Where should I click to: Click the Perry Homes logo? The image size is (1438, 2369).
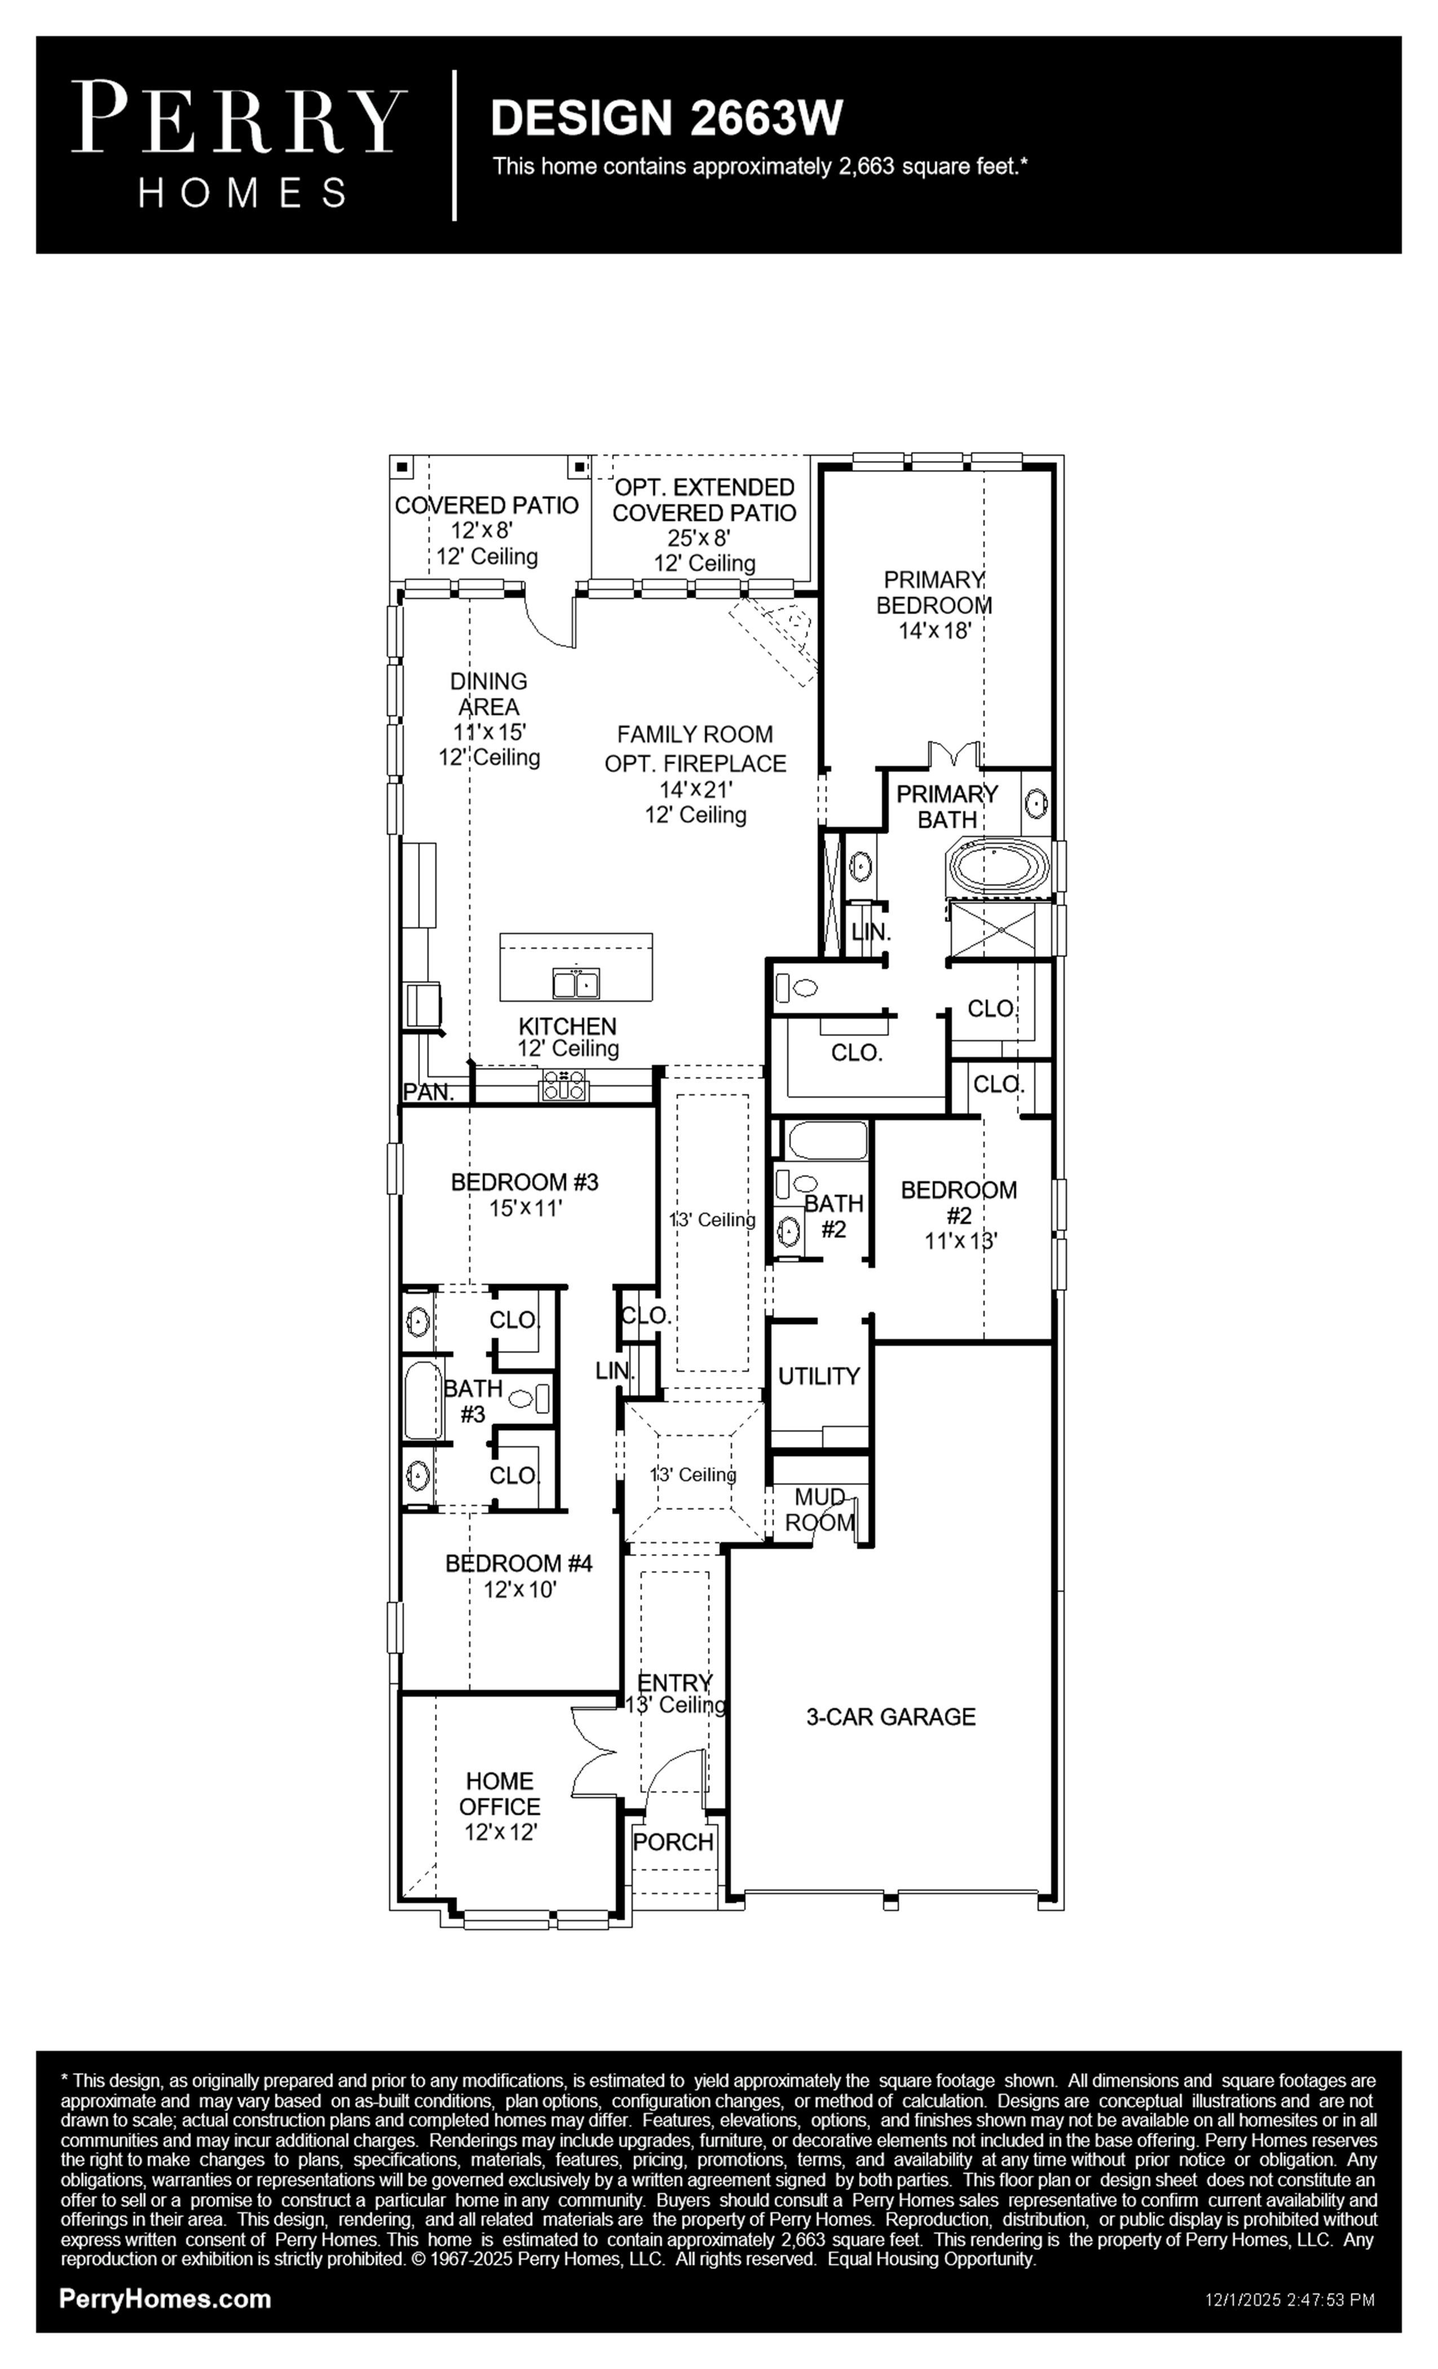pyautogui.click(x=239, y=145)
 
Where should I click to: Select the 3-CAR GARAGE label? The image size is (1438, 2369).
pyautogui.click(x=890, y=1717)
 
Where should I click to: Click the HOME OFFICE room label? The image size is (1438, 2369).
pyautogui.click(x=500, y=1794)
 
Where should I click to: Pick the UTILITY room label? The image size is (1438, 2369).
pyautogui.click(x=819, y=1377)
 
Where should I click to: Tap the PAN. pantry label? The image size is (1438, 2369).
pyautogui.click(x=428, y=1092)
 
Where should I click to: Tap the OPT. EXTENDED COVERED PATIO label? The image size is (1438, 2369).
pyautogui.click(x=704, y=500)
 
